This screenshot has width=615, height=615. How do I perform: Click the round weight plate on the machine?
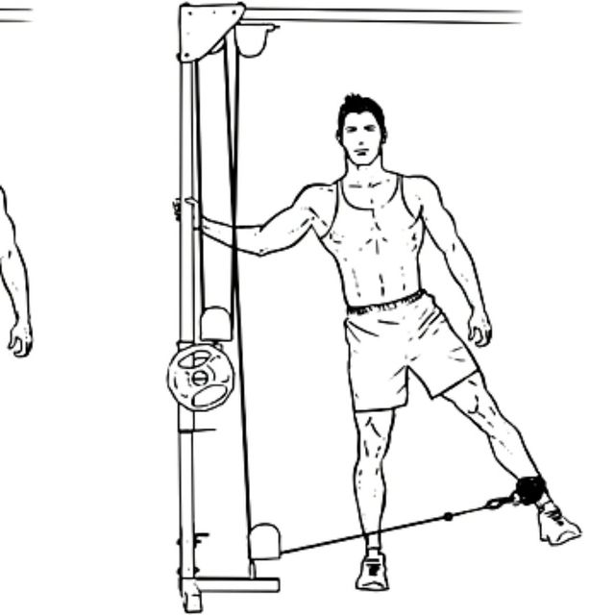tap(200, 376)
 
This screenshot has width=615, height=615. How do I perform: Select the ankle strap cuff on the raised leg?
tap(528, 489)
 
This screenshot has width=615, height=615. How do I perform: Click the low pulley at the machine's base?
tap(264, 541)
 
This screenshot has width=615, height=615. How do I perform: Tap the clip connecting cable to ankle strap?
tap(499, 502)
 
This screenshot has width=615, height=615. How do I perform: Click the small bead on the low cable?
tap(448, 516)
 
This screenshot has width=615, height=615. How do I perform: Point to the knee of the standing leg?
tap(373, 428)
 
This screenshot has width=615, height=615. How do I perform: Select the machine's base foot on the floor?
tap(231, 585)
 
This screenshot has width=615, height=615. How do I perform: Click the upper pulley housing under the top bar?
tap(256, 38)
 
